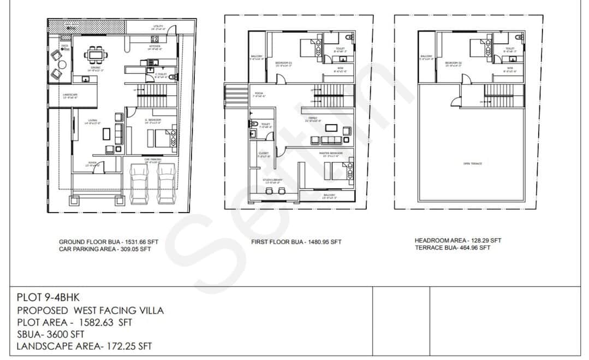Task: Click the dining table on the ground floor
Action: click(96, 54)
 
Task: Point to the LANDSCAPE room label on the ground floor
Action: click(70, 96)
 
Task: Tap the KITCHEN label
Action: click(155, 48)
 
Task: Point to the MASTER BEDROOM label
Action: click(331, 154)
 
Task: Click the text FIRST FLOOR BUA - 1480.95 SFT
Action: click(296, 241)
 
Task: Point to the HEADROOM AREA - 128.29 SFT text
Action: click(457, 240)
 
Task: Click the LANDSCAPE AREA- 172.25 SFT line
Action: click(84, 346)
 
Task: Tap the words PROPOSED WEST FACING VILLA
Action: click(90, 310)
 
